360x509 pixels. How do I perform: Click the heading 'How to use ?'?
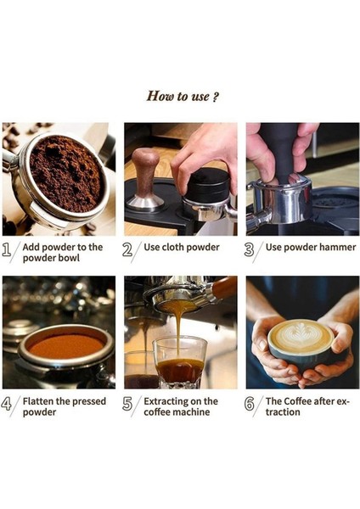pyautogui.click(x=183, y=96)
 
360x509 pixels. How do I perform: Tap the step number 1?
pyautogui.click(x=8, y=250)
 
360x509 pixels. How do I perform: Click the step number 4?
pyautogui.click(x=8, y=404)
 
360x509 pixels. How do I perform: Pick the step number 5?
pyautogui.click(x=127, y=404)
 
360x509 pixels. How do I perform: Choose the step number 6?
pyautogui.click(x=249, y=404)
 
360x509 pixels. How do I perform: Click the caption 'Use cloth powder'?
pyautogui.click(x=182, y=248)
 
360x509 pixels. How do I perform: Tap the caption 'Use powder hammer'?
pyautogui.click(x=307, y=248)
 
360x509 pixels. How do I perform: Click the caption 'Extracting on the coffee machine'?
pyautogui.click(x=181, y=406)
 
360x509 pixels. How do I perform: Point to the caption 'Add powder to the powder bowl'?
pyautogui.click(x=63, y=253)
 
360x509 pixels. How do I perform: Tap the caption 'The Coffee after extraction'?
pyautogui.click(x=307, y=406)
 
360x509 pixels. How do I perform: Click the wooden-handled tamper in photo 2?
pyautogui.click(x=147, y=174)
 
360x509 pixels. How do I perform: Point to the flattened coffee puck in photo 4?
pyautogui.click(x=66, y=345)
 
